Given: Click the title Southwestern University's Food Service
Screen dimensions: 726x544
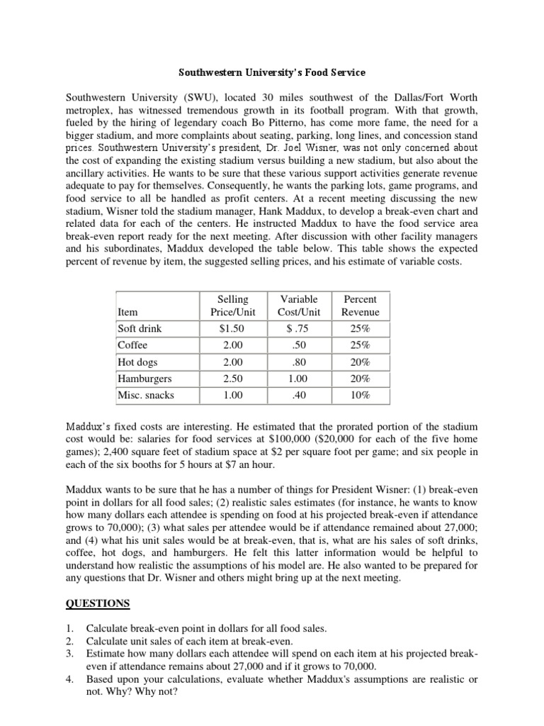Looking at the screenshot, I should point(272,72).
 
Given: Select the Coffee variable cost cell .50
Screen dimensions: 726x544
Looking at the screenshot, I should point(300,345).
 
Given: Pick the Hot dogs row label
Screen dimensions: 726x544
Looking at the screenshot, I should point(136,362).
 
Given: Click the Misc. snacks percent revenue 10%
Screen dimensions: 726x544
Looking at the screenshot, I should point(360,395).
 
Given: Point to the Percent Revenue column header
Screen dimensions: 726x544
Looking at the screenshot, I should point(360,306).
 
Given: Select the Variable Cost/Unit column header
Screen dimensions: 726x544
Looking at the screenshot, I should point(300,306).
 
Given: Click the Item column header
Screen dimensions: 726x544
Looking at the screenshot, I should point(128,312).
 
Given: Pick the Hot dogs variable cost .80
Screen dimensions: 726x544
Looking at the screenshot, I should point(300,362).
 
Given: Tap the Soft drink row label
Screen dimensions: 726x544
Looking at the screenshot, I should point(140,329).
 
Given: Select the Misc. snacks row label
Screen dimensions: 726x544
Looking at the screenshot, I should point(145,395).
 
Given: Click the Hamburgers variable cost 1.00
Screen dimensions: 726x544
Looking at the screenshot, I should point(300,379).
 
